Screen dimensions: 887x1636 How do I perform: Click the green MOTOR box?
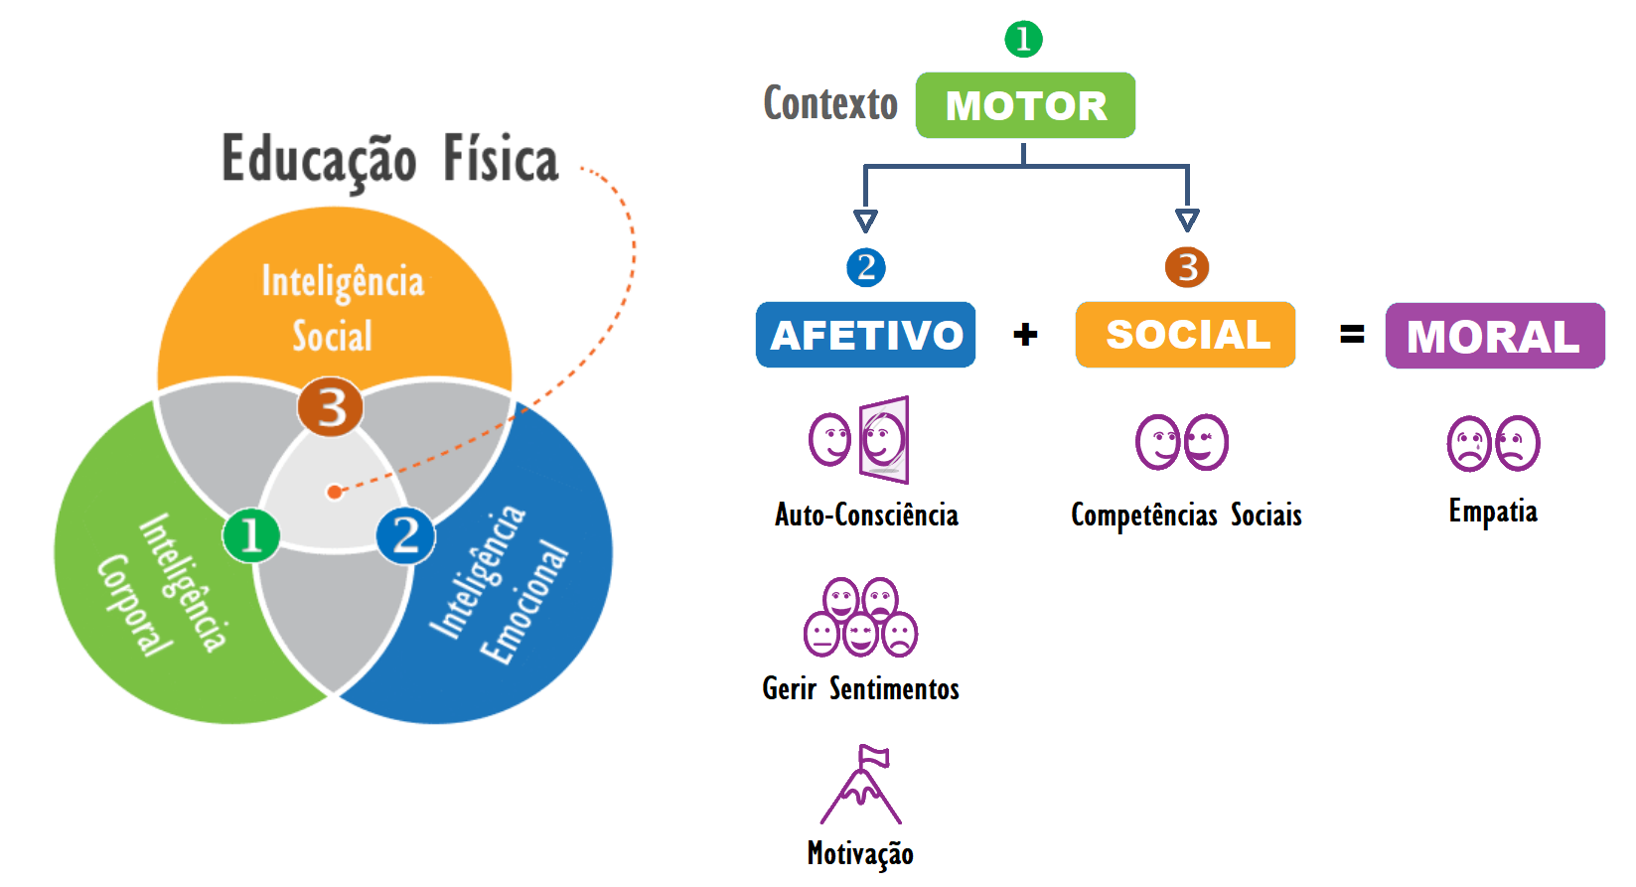click(x=1025, y=105)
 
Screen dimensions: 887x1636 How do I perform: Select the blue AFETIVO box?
click(x=865, y=335)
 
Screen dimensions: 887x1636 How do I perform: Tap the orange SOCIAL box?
click(x=1186, y=335)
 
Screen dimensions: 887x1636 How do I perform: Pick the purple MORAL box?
click(x=1495, y=336)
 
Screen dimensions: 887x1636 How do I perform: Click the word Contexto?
click(x=830, y=103)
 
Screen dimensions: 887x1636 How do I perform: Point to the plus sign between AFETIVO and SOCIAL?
click(x=1025, y=335)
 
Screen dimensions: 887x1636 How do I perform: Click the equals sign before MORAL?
click(x=1352, y=335)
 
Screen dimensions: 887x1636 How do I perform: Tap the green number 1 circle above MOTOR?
click(x=1023, y=40)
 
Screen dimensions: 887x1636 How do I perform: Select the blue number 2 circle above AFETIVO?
click(x=866, y=267)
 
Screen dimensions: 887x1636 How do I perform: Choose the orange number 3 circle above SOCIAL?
click(x=1187, y=267)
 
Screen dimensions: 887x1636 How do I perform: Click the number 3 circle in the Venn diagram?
click(x=331, y=406)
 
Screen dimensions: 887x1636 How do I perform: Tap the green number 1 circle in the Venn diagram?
click(x=251, y=535)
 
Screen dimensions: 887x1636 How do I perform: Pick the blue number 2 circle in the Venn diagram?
click(x=405, y=535)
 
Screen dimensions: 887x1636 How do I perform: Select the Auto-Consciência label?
click(x=866, y=515)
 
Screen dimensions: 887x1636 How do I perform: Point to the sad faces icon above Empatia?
click(x=1493, y=443)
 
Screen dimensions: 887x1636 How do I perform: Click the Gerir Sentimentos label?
click(x=860, y=688)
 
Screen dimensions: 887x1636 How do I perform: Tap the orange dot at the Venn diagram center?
click(x=335, y=492)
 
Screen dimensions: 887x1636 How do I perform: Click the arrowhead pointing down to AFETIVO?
click(x=865, y=221)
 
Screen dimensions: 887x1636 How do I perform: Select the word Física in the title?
click(x=501, y=159)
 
